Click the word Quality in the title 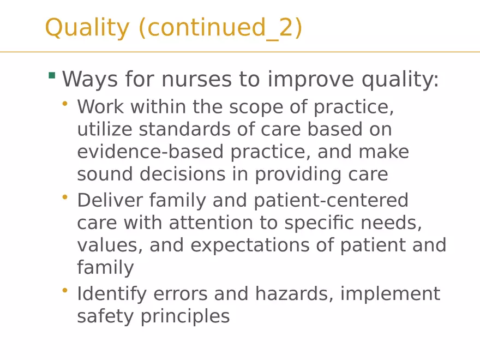click(87, 28)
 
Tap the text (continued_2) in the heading click(220, 28)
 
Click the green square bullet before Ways click(52, 75)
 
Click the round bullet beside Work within click(65, 103)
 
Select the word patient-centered click(331, 201)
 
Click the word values click(106, 245)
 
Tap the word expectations click(254, 245)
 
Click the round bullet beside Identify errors click(65, 290)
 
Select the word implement click(390, 293)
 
